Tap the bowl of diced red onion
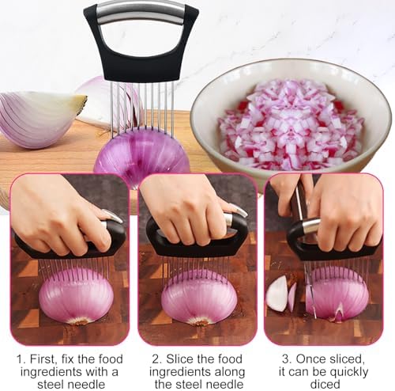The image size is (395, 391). pos(291,120)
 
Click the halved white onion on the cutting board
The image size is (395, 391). pos(42,119)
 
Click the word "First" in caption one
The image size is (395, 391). pos(43,359)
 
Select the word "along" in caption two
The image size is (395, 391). pos(230,372)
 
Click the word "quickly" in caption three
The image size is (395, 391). pos(349,372)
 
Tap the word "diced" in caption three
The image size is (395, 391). pos(325,384)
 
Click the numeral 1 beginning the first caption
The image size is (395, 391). pos(20,359)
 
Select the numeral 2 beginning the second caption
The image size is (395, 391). pos(156,359)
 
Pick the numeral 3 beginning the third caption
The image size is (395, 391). pos(286,359)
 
